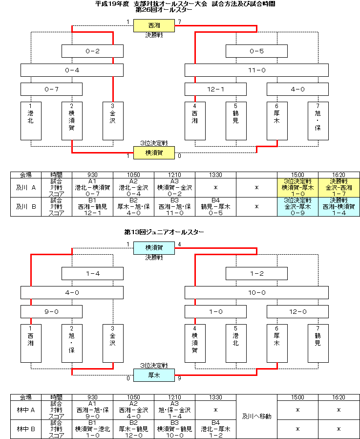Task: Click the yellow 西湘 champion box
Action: [154, 25]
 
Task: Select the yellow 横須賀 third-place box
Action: [154, 153]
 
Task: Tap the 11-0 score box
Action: [256, 70]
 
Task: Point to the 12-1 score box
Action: [215, 89]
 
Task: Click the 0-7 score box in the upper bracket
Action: [51, 89]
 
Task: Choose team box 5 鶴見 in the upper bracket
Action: [236, 121]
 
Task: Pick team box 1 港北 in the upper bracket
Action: [31, 121]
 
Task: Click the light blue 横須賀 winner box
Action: [154, 248]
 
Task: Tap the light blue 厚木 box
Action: [154, 375]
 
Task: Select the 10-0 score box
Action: [256, 292]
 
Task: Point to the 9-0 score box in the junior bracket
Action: [51, 311]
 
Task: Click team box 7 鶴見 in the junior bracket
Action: [318, 344]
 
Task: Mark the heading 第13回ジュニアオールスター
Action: [164, 232]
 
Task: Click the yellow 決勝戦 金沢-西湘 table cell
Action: [339, 188]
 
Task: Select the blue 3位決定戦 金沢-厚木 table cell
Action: [297, 207]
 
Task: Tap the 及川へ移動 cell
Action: [256, 417]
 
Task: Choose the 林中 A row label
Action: [26, 410]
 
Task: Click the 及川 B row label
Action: [26, 207]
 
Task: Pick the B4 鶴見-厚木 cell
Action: [216, 207]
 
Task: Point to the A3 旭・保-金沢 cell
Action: [174, 410]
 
